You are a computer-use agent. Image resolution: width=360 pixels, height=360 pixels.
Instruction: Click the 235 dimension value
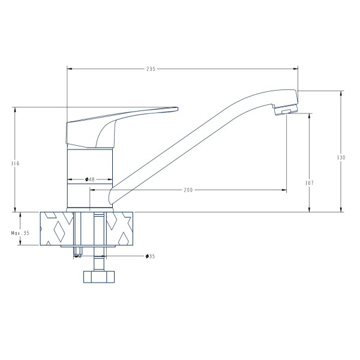pyautogui.click(x=151, y=68)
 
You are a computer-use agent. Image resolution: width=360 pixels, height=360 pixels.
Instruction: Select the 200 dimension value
pyautogui.click(x=188, y=190)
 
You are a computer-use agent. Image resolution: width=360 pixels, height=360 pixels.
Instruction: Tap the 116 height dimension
pyautogui.click(x=15, y=163)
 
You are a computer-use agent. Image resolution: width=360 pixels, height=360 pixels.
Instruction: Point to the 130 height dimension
pyautogui.click(x=341, y=157)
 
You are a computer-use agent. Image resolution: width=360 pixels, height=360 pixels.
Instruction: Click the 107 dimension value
pyautogui.click(x=310, y=183)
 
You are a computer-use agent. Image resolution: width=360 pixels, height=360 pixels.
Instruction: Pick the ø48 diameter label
pyautogui.click(x=90, y=179)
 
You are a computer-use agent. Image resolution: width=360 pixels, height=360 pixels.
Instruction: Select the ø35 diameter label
pyautogui.click(x=151, y=256)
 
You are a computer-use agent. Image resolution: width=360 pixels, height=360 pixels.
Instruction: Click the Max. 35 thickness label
pyautogui.click(x=20, y=233)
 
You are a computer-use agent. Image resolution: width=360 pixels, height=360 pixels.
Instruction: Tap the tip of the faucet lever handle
pyautogui.click(x=178, y=109)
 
